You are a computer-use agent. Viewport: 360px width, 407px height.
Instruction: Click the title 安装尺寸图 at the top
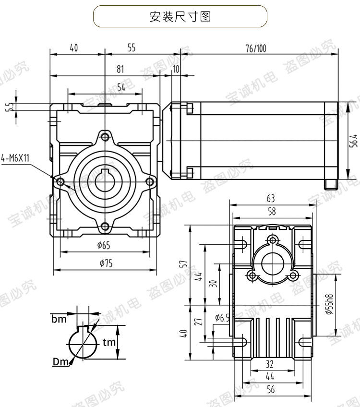[180, 16]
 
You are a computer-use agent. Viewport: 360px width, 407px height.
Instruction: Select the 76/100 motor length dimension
[255, 48]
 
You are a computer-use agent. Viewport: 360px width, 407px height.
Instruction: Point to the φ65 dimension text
[103, 246]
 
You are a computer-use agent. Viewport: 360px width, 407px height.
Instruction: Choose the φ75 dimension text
[103, 263]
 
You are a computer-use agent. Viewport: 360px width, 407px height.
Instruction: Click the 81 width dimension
[120, 69]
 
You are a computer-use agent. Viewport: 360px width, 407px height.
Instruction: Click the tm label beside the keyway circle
[108, 342]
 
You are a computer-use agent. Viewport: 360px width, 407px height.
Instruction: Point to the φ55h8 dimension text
[328, 304]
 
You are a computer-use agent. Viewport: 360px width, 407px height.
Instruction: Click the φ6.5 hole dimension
[223, 317]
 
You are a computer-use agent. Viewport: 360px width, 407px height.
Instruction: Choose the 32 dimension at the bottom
[270, 364]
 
